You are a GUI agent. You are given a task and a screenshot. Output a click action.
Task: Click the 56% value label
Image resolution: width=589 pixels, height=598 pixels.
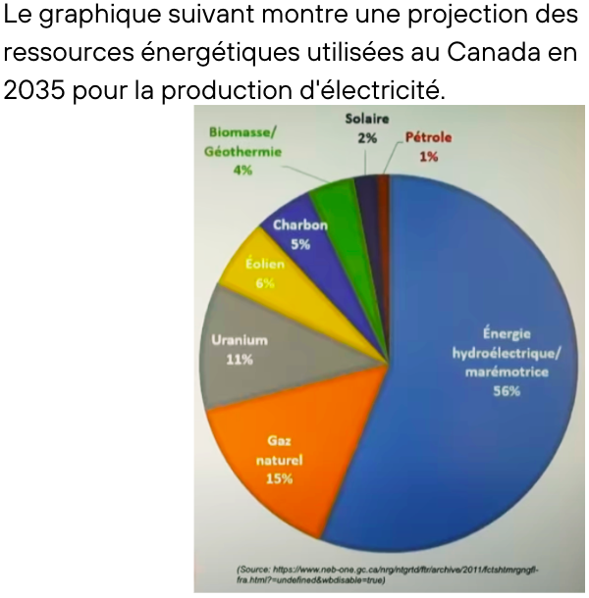(507, 391)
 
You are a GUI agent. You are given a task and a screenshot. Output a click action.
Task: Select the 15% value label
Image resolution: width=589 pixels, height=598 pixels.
(279, 479)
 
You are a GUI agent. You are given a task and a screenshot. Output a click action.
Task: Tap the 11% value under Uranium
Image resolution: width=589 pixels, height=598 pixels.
(239, 360)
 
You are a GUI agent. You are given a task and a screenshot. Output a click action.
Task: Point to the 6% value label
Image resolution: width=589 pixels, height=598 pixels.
(265, 283)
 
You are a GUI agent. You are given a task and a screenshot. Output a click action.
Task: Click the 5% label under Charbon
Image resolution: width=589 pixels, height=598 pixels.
(300, 244)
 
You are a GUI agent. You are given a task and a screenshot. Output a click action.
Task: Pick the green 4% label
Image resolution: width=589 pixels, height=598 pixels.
(242, 170)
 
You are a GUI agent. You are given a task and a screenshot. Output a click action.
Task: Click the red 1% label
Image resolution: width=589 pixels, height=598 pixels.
(428, 156)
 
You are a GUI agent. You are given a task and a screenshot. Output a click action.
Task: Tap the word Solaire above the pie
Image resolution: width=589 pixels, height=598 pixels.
(366, 120)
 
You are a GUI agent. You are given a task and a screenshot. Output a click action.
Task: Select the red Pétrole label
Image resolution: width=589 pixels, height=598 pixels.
(428, 138)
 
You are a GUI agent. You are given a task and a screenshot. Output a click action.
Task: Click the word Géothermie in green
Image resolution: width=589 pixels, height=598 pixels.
(242, 151)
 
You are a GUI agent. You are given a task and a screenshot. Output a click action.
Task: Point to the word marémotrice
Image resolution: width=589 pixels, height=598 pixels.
(507, 372)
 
